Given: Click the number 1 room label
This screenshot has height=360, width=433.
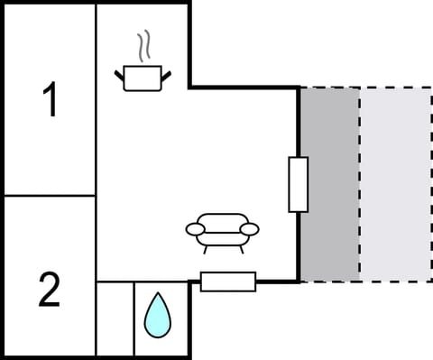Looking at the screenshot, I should pyautogui.click(x=51, y=99).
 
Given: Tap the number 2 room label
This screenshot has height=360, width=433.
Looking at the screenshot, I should pyautogui.click(x=50, y=291).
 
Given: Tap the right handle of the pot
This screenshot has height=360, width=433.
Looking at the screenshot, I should pyautogui.click(x=167, y=72).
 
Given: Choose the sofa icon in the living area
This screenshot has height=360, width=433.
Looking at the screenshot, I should pyautogui.click(x=222, y=230).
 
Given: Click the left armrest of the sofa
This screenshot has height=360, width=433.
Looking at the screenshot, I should pyautogui.click(x=196, y=230).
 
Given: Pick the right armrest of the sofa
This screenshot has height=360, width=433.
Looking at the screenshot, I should pyautogui.click(x=249, y=229).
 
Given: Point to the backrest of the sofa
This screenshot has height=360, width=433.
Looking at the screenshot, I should pyautogui.click(x=222, y=219).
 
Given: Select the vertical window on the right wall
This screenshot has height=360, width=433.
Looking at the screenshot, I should pyautogui.click(x=299, y=184).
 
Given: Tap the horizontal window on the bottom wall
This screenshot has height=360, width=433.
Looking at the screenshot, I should pyautogui.click(x=228, y=282).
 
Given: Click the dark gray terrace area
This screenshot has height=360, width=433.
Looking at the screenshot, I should pyautogui.click(x=329, y=183).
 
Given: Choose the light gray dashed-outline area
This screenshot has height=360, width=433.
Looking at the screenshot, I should pyautogui.click(x=395, y=183).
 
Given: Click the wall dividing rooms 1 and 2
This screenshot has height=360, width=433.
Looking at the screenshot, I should pyautogui.click(x=50, y=195).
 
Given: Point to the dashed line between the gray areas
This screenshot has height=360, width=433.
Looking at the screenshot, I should pyautogui.click(x=360, y=183).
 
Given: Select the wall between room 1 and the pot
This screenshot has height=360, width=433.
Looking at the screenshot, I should pyautogui.click(x=96, y=99).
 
